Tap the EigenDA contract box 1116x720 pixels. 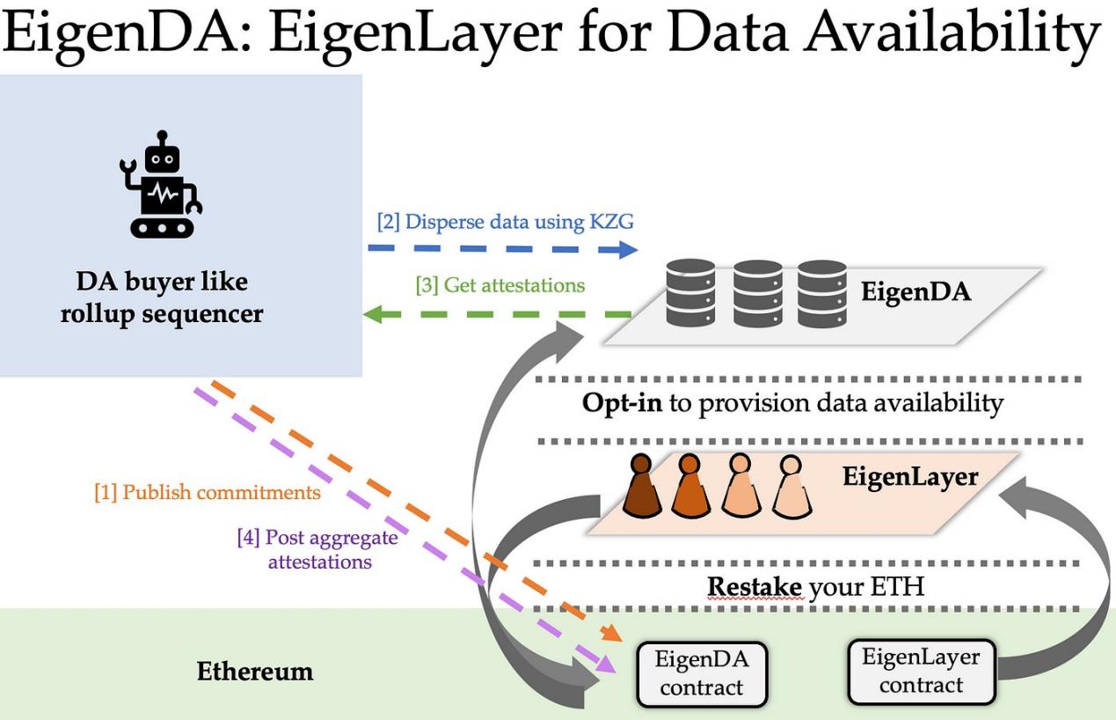pyautogui.click(x=700, y=673)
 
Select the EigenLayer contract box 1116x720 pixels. pyautogui.click(x=920, y=671)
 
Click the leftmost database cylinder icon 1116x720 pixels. pyautogui.click(x=690, y=292)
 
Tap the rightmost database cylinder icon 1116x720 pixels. pyautogui.click(x=821, y=292)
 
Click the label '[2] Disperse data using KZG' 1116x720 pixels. pyautogui.click(x=505, y=221)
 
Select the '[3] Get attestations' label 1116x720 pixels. pyautogui.click(x=500, y=284)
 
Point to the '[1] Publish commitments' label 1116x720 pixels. pyautogui.click(x=208, y=492)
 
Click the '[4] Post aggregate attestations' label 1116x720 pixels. pyautogui.click(x=318, y=549)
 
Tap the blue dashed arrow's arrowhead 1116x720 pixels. pyautogui.click(x=627, y=249)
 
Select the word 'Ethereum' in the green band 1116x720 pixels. pyautogui.click(x=254, y=672)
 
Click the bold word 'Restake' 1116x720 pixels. pyautogui.click(x=755, y=586)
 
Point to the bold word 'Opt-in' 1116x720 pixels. pyautogui.click(x=622, y=403)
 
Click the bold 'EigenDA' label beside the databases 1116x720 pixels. pyautogui.click(x=915, y=292)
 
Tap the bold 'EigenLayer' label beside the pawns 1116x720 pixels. pyautogui.click(x=909, y=477)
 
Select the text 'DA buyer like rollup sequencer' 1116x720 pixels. pyautogui.click(x=162, y=298)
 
